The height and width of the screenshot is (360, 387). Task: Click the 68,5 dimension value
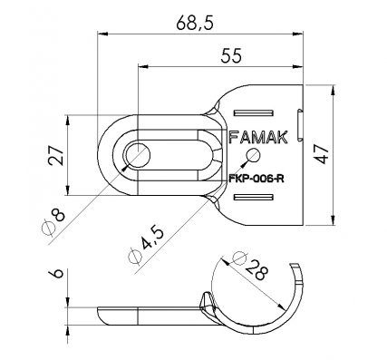(195, 24)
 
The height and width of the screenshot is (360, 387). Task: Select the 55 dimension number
(231, 56)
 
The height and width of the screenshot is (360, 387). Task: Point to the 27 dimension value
(56, 155)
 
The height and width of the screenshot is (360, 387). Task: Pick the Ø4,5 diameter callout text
(146, 245)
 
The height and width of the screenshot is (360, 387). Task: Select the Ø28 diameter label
(250, 266)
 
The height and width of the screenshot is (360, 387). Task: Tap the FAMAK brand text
(258, 138)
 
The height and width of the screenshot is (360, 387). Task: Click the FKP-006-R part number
(256, 179)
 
